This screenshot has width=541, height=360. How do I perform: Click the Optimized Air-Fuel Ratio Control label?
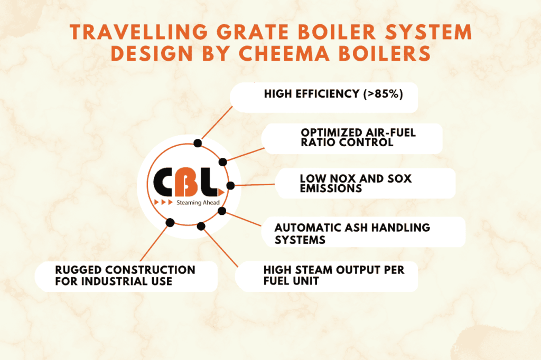[358, 137]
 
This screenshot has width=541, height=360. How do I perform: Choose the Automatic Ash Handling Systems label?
[352, 233]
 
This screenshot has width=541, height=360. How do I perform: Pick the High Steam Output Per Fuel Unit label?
[334, 276]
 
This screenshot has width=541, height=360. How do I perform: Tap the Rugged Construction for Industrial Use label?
[125, 276]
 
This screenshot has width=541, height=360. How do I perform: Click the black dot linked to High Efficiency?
[198, 143]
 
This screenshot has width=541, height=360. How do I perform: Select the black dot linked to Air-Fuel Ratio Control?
[223, 162]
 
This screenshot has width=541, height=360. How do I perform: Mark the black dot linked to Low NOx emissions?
[230, 185]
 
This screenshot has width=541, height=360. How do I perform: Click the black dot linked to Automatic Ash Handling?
[222, 211]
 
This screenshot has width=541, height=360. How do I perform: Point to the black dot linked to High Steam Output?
[201, 226]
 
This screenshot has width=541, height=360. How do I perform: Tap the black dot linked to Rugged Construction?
[170, 222]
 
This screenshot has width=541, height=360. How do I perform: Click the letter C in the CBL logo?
[166, 183]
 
